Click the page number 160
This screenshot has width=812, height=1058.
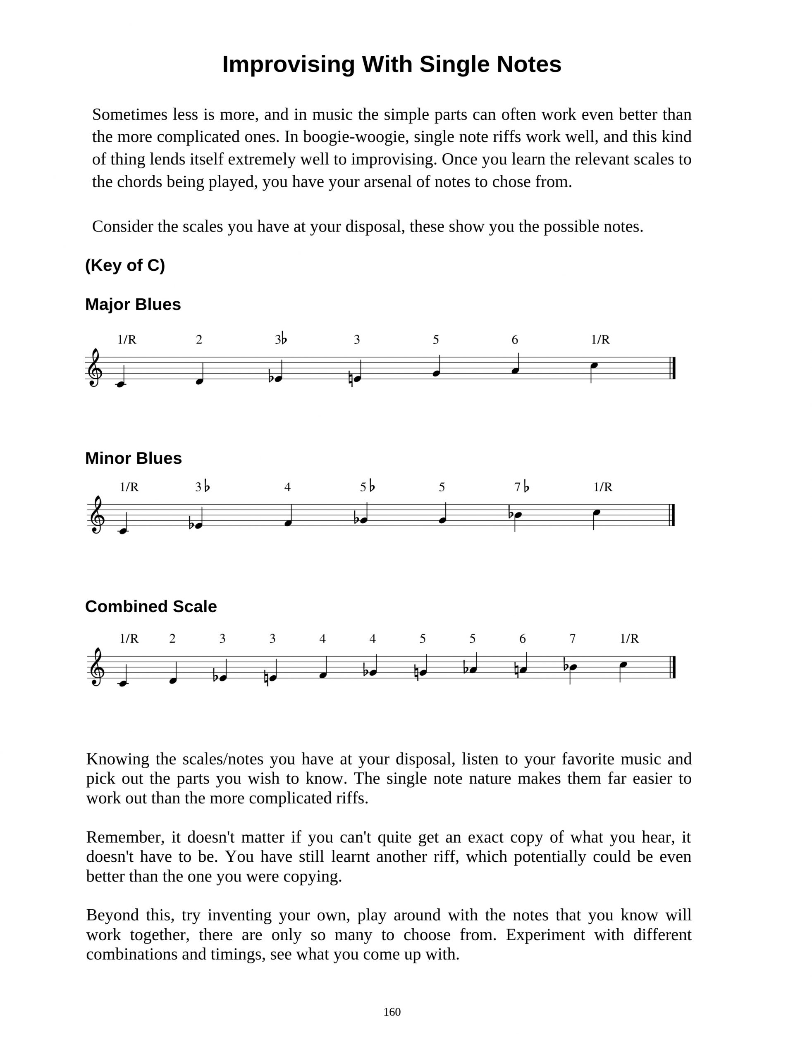(x=392, y=1012)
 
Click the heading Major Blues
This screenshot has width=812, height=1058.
(x=133, y=304)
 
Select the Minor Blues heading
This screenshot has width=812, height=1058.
(x=134, y=458)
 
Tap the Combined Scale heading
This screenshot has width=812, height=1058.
(x=151, y=606)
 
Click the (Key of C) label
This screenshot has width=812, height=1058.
(x=125, y=265)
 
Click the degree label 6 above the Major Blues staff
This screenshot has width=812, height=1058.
(x=515, y=340)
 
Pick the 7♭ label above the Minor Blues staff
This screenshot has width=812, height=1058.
(x=522, y=487)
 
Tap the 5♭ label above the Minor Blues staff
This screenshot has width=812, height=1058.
(x=367, y=487)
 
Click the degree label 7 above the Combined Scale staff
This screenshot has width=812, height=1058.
(x=572, y=639)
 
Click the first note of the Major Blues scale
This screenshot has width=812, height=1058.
(x=121, y=384)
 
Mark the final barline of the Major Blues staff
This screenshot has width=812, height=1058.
(x=673, y=368)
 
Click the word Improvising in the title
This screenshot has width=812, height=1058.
(x=289, y=64)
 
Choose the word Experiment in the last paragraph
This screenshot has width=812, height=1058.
(x=546, y=935)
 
